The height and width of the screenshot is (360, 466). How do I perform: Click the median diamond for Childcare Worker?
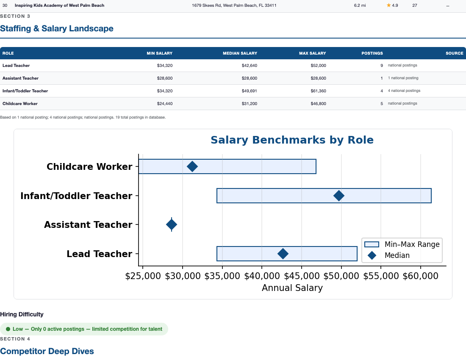tap(192, 166)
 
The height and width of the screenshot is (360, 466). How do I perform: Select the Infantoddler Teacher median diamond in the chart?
tap(338, 196)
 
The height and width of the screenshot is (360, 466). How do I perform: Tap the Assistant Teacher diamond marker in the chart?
tap(172, 224)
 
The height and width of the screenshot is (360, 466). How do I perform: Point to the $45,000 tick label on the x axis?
tap(302, 276)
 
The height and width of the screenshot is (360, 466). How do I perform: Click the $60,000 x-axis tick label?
tap(421, 276)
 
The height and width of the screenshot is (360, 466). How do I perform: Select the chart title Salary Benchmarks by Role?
tap(292, 140)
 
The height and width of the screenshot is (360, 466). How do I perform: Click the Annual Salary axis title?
tap(292, 288)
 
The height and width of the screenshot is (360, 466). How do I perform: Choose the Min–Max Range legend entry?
tap(402, 244)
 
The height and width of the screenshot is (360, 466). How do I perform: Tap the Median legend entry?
tap(397, 255)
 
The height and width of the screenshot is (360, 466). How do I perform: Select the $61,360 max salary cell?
tap(318, 91)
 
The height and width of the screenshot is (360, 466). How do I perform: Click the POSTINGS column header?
tap(372, 53)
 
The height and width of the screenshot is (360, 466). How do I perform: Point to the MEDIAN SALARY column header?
tap(240, 53)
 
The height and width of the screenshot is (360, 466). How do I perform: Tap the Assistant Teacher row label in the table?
tap(20, 78)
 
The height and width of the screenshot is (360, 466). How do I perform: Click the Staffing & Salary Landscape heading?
tap(57, 28)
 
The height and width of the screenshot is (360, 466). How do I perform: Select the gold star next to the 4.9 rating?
tap(389, 6)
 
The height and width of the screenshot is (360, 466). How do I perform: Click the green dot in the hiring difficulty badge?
tap(8, 329)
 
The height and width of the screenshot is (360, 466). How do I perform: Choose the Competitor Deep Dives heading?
tap(47, 351)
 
